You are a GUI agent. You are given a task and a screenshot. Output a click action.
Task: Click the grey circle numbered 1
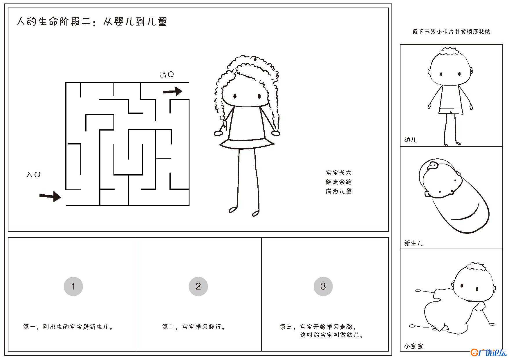73,286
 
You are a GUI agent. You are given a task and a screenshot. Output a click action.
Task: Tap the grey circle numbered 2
198,286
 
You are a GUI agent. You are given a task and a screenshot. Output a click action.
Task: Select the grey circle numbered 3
323,286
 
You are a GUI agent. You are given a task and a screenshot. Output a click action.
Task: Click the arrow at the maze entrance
50,196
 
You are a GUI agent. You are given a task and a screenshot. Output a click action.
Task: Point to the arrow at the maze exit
173,91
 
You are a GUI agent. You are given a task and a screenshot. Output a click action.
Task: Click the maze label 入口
33,175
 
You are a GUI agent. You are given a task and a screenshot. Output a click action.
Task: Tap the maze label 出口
167,75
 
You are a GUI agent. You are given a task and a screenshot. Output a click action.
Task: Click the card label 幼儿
410,140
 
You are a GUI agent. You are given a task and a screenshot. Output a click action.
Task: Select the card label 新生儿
414,243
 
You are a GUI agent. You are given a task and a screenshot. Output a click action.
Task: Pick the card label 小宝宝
414,346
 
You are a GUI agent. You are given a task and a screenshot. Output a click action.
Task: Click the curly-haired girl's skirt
247,144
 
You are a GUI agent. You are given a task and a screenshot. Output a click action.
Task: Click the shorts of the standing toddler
451,111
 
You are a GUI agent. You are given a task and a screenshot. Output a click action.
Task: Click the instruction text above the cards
451,31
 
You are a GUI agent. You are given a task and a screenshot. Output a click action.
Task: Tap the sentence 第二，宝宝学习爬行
194,327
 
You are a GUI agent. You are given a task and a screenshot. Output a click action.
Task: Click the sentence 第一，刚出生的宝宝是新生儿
68,327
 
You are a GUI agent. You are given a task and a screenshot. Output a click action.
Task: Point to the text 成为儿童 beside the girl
339,191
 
